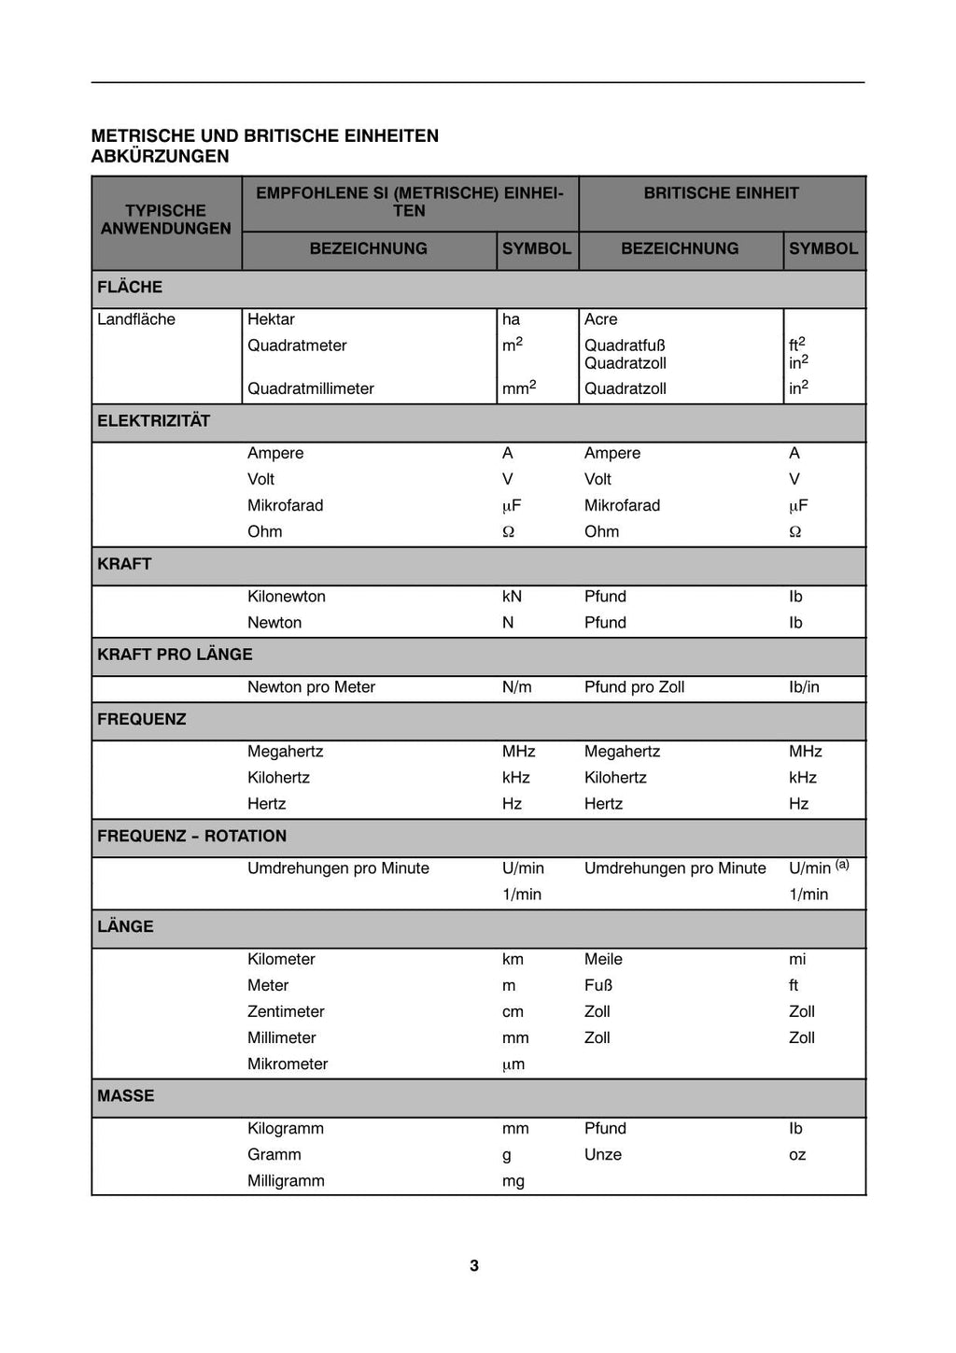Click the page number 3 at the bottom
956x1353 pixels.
(x=474, y=1265)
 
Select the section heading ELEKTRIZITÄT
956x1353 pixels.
(x=154, y=421)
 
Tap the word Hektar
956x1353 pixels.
(x=271, y=319)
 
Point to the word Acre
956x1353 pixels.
(x=601, y=319)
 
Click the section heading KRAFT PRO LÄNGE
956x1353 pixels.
(x=175, y=655)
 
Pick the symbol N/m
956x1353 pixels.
(x=516, y=687)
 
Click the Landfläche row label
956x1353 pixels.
(x=136, y=319)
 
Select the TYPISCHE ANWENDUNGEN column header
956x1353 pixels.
(x=166, y=219)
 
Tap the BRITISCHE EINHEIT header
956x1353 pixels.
(x=721, y=193)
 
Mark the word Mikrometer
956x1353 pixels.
(x=288, y=1064)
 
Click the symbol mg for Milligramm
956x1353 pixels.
(x=513, y=1181)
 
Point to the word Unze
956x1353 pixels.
(x=603, y=1155)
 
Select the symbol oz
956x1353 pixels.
(x=797, y=1155)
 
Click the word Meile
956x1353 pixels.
(x=603, y=959)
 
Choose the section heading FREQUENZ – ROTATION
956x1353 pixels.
(x=192, y=837)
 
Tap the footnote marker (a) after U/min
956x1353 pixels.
(x=842, y=864)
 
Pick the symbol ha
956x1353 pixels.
(x=511, y=319)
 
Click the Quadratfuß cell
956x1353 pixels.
(x=625, y=345)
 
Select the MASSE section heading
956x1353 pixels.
(x=126, y=1096)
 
